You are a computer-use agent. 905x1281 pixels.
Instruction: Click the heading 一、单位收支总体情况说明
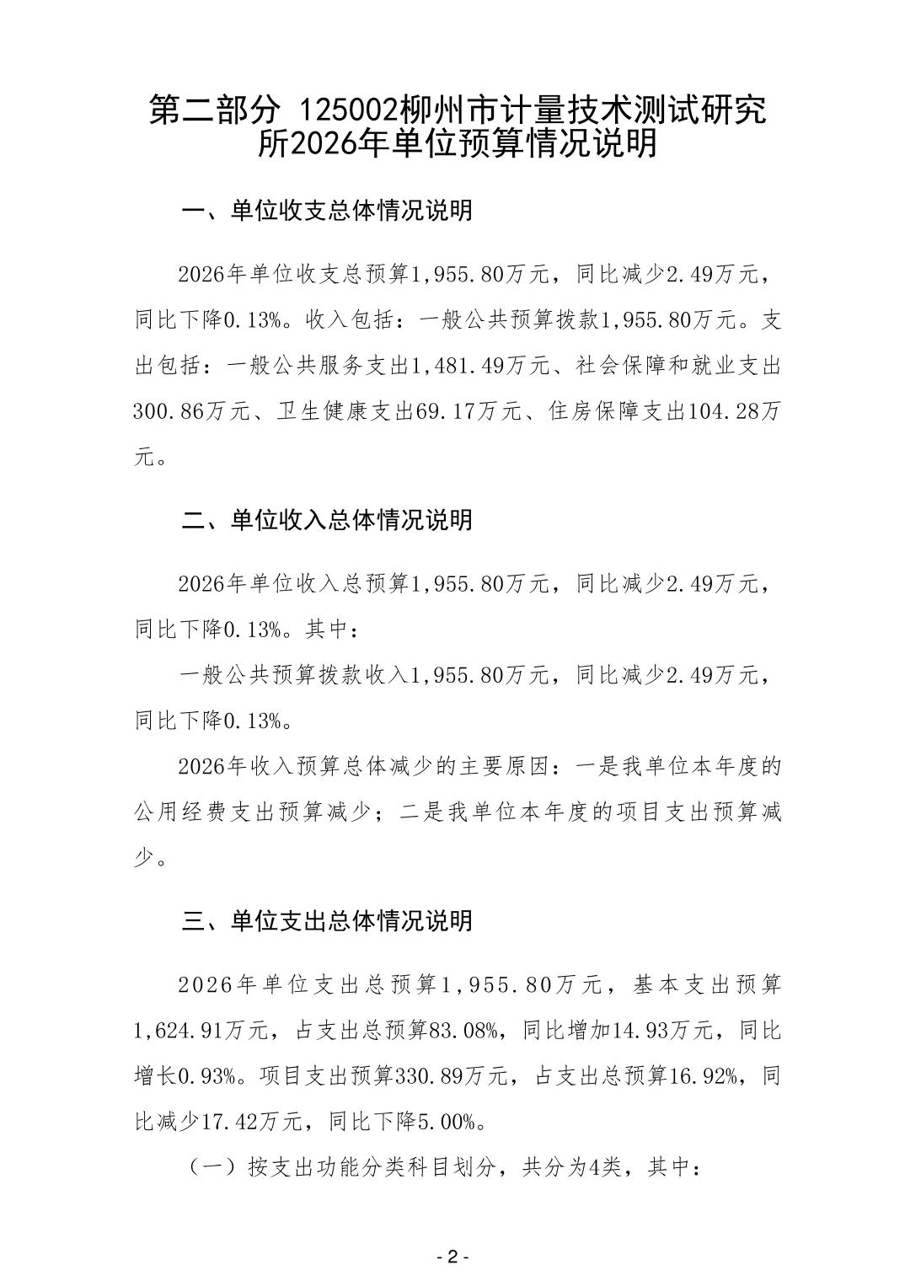point(327,210)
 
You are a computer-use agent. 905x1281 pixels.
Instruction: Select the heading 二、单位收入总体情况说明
point(327,519)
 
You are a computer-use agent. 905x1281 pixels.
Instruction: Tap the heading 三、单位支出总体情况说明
point(327,920)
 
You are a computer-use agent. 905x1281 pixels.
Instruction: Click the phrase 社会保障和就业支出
point(679,367)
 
